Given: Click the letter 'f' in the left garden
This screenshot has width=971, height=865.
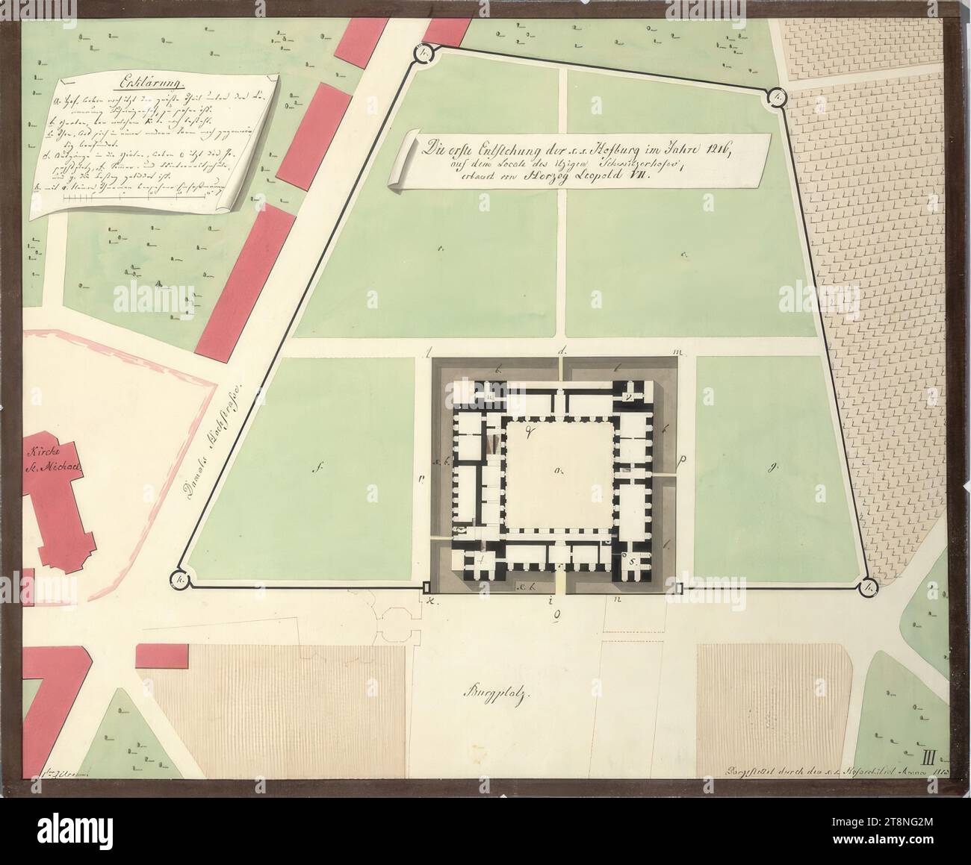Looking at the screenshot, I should pos(319,469).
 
